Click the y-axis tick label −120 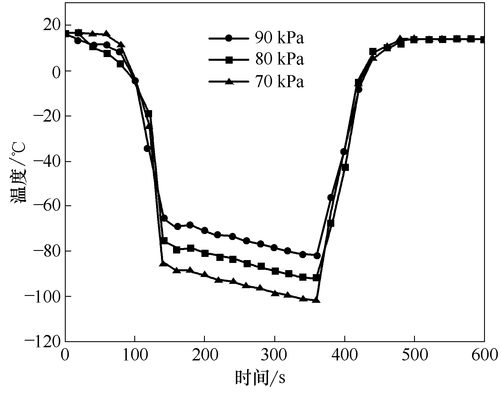tap(43, 341)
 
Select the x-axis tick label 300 tap(275, 355)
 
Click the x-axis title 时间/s tap(260, 378)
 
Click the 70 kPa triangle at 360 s tap(316, 300)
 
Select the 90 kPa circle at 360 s tap(317, 255)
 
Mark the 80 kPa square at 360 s tap(316, 278)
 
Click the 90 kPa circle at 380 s tap(331, 198)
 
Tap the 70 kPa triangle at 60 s tap(106, 34)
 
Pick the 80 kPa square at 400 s tap(345, 167)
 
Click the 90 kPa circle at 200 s tap(205, 231)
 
